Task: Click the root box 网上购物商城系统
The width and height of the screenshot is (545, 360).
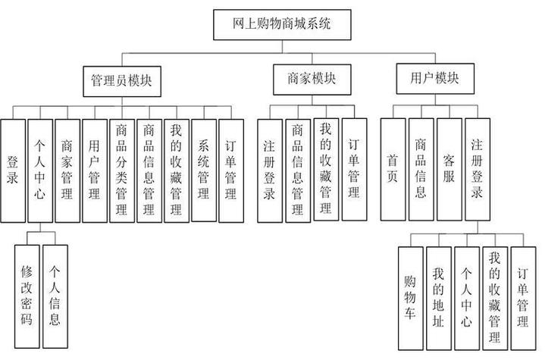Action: pos(281,25)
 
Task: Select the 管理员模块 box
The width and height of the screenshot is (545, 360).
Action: pos(121,80)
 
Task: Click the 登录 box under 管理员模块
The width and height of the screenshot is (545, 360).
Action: pos(13,170)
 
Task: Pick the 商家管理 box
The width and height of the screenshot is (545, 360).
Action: pos(67,170)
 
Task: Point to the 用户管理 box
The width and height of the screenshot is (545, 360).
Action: pos(95,170)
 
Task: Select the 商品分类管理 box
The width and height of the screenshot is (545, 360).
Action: pos(122,170)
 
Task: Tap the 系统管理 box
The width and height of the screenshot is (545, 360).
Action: pos(203,170)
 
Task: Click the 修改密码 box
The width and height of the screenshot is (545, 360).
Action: pos(27,286)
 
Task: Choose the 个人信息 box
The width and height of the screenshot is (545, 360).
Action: pos(55,286)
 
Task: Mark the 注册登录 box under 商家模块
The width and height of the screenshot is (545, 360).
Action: pos(271,170)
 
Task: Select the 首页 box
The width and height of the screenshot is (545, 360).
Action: pos(393,170)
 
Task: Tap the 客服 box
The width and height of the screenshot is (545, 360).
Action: pos(449,170)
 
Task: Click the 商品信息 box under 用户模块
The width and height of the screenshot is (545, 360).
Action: pos(421,170)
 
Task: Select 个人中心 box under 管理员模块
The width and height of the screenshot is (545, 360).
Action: pos(40,170)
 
